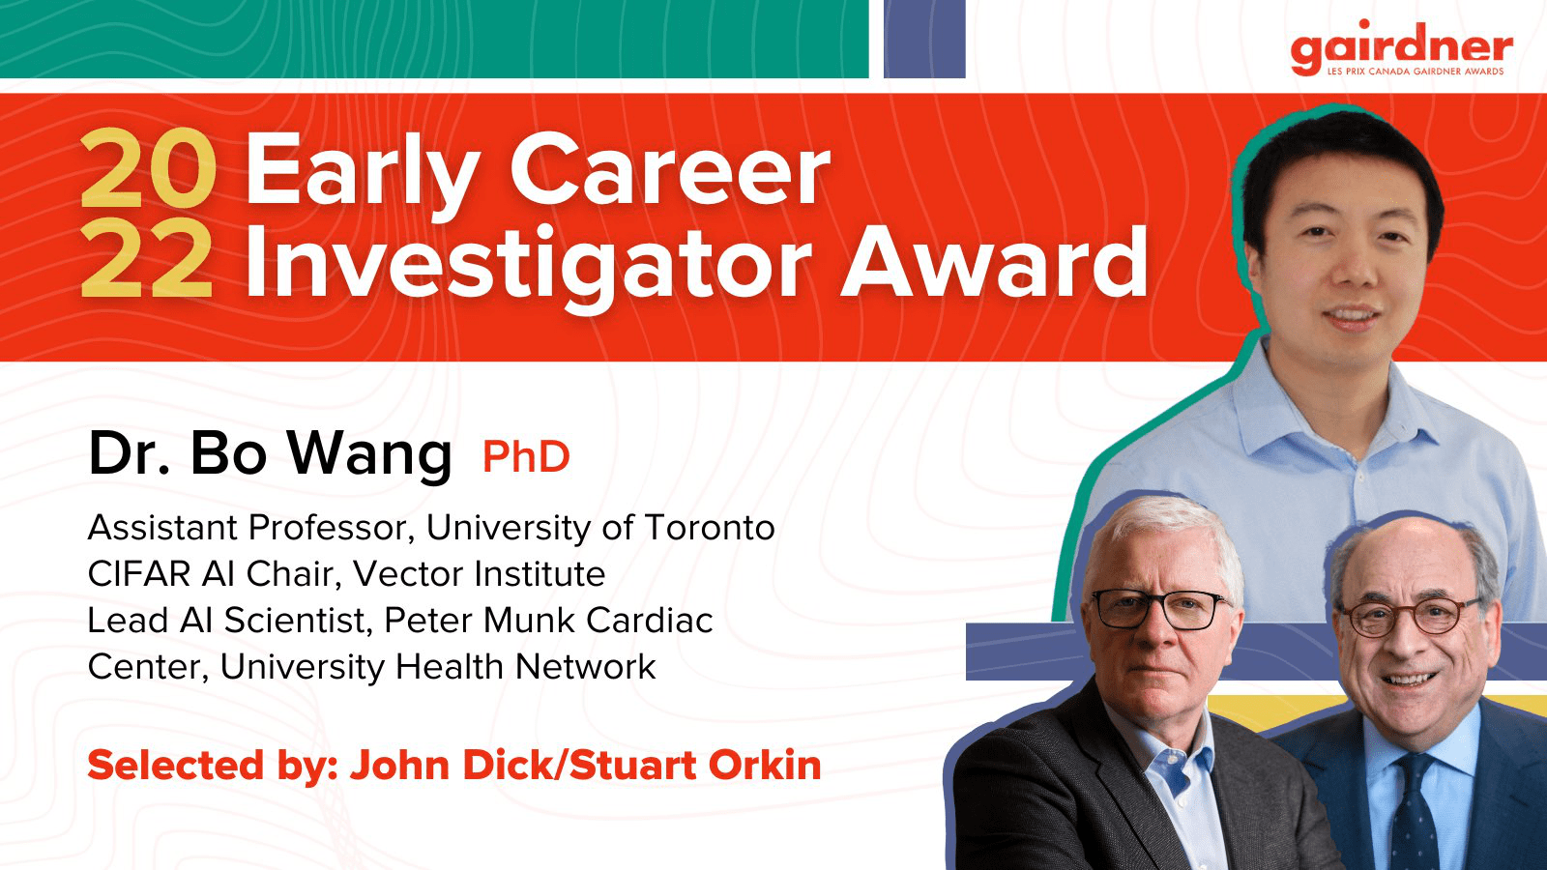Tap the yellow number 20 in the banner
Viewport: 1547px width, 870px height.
[147, 169]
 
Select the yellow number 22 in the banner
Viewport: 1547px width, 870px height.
[147, 261]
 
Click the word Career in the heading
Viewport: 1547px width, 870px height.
[670, 170]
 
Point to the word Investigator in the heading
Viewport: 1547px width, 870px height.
[529, 267]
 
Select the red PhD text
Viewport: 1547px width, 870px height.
[526, 456]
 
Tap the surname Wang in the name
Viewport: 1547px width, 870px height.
[369, 456]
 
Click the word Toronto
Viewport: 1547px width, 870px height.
[710, 528]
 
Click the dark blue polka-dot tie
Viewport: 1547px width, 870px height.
[1415, 815]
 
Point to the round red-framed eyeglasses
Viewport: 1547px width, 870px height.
[1409, 616]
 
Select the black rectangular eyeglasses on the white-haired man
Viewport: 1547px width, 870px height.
[1159, 609]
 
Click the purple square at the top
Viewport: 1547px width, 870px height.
[924, 39]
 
